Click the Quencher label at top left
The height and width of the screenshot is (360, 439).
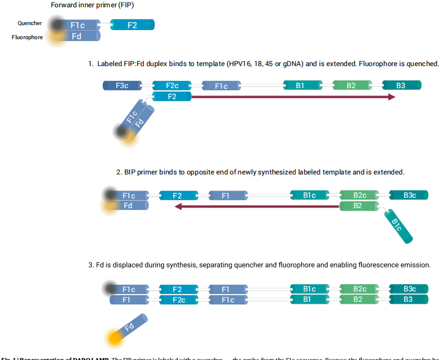coord(30,23)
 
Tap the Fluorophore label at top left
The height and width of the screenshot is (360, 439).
coord(26,37)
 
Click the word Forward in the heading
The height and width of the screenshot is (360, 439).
coord(64,6)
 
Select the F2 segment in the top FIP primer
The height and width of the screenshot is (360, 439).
coord(132,25)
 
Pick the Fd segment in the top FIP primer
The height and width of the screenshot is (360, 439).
coord(77,36)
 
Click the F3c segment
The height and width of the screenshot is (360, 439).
coord(122,86)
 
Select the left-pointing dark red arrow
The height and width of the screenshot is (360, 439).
coord(257,206)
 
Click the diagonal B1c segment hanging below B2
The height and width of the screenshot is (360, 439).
coord(396,225)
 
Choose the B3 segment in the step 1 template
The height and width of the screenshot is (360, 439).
coord(401,86)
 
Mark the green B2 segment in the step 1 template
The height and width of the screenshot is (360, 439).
coord(351,86)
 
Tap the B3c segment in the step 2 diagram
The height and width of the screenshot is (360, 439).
coord(410,195)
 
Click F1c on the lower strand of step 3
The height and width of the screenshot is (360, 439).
coord(228,300)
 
